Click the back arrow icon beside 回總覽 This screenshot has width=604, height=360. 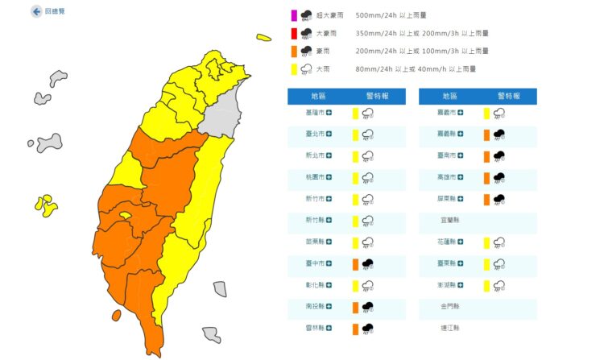tap(37, 12)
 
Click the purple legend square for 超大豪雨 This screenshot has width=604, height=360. tap(295, 14)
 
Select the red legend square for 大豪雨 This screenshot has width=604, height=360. tap(295, 33)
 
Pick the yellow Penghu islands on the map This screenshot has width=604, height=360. tap(46, 205)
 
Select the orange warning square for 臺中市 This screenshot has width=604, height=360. tap(354, 263)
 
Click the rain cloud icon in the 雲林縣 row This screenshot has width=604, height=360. tap(367, 328)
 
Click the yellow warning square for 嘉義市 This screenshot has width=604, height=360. tap(486, 113)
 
